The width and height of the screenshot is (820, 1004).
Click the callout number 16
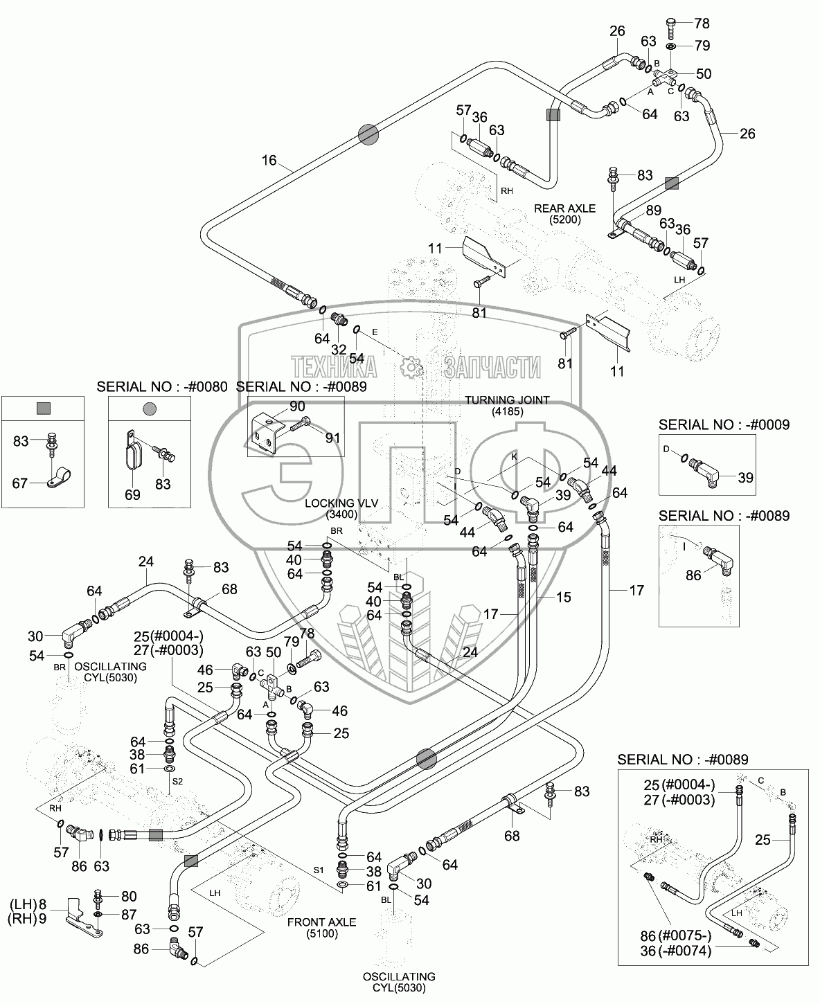(x=269, y=161)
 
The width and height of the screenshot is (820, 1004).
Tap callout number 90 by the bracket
(x=297, y=406)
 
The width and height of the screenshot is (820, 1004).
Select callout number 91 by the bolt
(x=333, y=438)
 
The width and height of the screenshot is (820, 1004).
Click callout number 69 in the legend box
(x=132, y=494)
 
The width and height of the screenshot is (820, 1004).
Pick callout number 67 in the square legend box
(x=20, y=483)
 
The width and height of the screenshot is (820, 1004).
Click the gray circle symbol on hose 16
(x=368, y=134)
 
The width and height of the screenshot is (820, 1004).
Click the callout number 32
(x=339, y=350)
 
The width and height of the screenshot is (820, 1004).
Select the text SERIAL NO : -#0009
(x=724, y=424)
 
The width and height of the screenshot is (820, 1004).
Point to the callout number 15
(x=563, y=596)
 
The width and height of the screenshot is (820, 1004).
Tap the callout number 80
(x=129, y=897)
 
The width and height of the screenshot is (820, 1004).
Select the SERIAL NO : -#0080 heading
(x=162, y=387)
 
